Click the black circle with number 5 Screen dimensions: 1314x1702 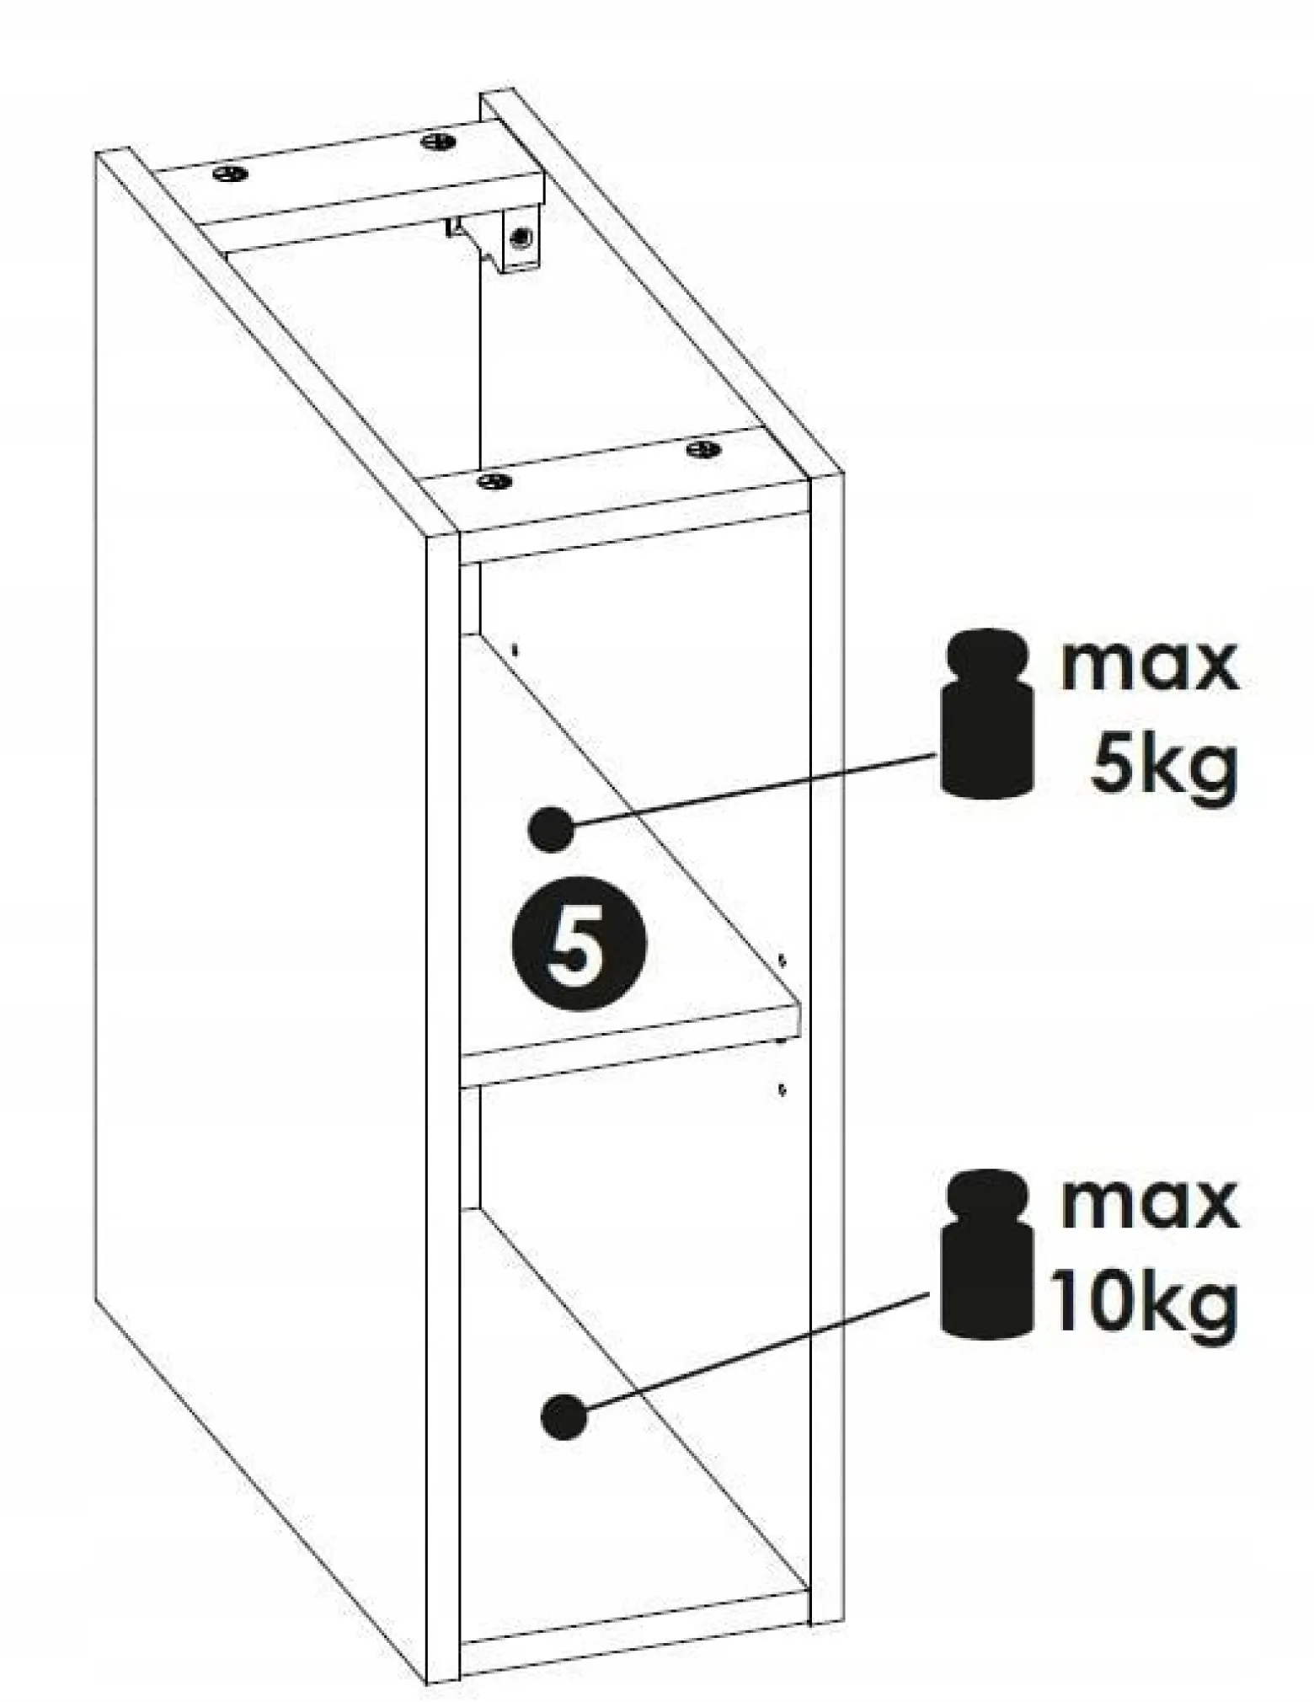579,943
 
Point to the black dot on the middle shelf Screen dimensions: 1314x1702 552,829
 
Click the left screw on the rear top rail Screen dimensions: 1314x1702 231,174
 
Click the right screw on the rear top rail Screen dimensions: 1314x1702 438,141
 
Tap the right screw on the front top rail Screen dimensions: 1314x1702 704,449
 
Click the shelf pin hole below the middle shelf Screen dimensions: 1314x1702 783,1089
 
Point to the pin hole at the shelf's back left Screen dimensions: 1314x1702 515,650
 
